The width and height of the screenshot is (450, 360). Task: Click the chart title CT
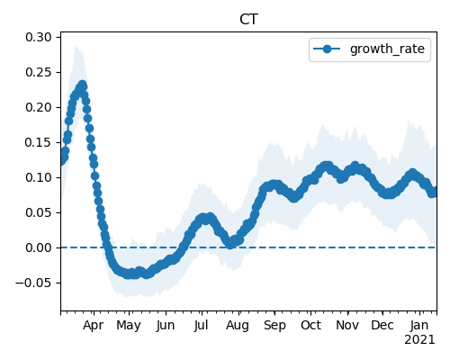click(248, 20)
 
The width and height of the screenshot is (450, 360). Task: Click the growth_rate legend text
click(387, 49)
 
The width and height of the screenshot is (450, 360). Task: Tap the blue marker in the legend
click(327, 49)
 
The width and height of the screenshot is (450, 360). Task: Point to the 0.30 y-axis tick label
click(39, 38)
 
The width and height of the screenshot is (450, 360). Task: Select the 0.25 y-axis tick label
click(39, 73)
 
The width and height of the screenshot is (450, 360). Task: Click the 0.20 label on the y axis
click(39, 107)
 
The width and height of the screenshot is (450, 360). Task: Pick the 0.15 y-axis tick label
click(39, 142)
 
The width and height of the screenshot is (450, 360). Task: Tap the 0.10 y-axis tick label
click(39, 177)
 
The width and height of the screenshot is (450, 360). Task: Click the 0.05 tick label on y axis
click(39, 212)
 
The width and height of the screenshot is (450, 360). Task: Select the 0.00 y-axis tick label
click(39, 247)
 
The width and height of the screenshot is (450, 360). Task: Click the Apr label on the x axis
click(94, 326)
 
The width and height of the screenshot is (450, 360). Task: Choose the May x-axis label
click(129, 326)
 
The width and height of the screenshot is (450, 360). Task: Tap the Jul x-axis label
click(201, 326)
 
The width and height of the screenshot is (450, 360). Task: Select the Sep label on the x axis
click(274, 326)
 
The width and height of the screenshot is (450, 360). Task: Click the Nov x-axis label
click(347, 326)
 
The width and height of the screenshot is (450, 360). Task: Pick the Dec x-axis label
click(382, 326)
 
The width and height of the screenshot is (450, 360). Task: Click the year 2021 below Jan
click(419, 340)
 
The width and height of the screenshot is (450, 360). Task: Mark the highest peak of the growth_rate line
click(83, 85)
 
